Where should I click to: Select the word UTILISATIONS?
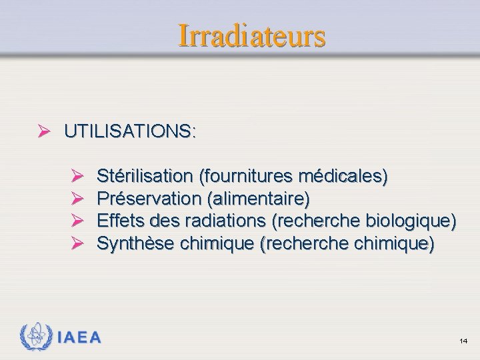tap(130, 131)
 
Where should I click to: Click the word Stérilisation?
tap(144, 176)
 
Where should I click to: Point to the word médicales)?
tap(343, 176)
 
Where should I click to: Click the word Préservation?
tap(149, 199)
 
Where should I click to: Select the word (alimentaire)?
tap(259, 199)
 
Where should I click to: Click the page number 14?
tap(463, 341)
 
